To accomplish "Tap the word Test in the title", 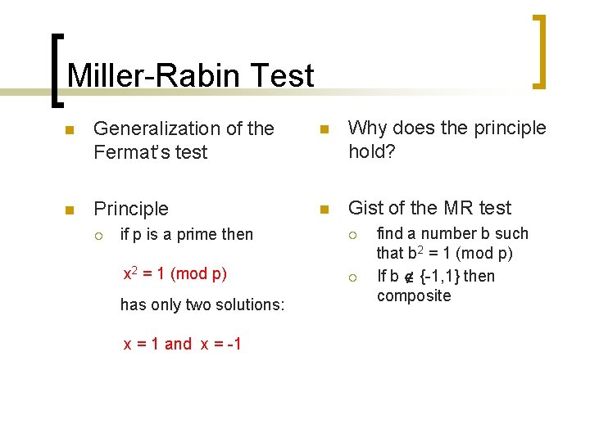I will click(x=279, y=76).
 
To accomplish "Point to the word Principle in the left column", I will click(x=131, y=209).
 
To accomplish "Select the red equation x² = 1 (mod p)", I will click(x=175, y=273).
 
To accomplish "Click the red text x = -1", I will click(x=222, y=344).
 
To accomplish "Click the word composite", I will click(x=414, y=295).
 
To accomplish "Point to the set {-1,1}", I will click(x=438, y=276).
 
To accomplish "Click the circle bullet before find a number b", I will click(x=354, y=235).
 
